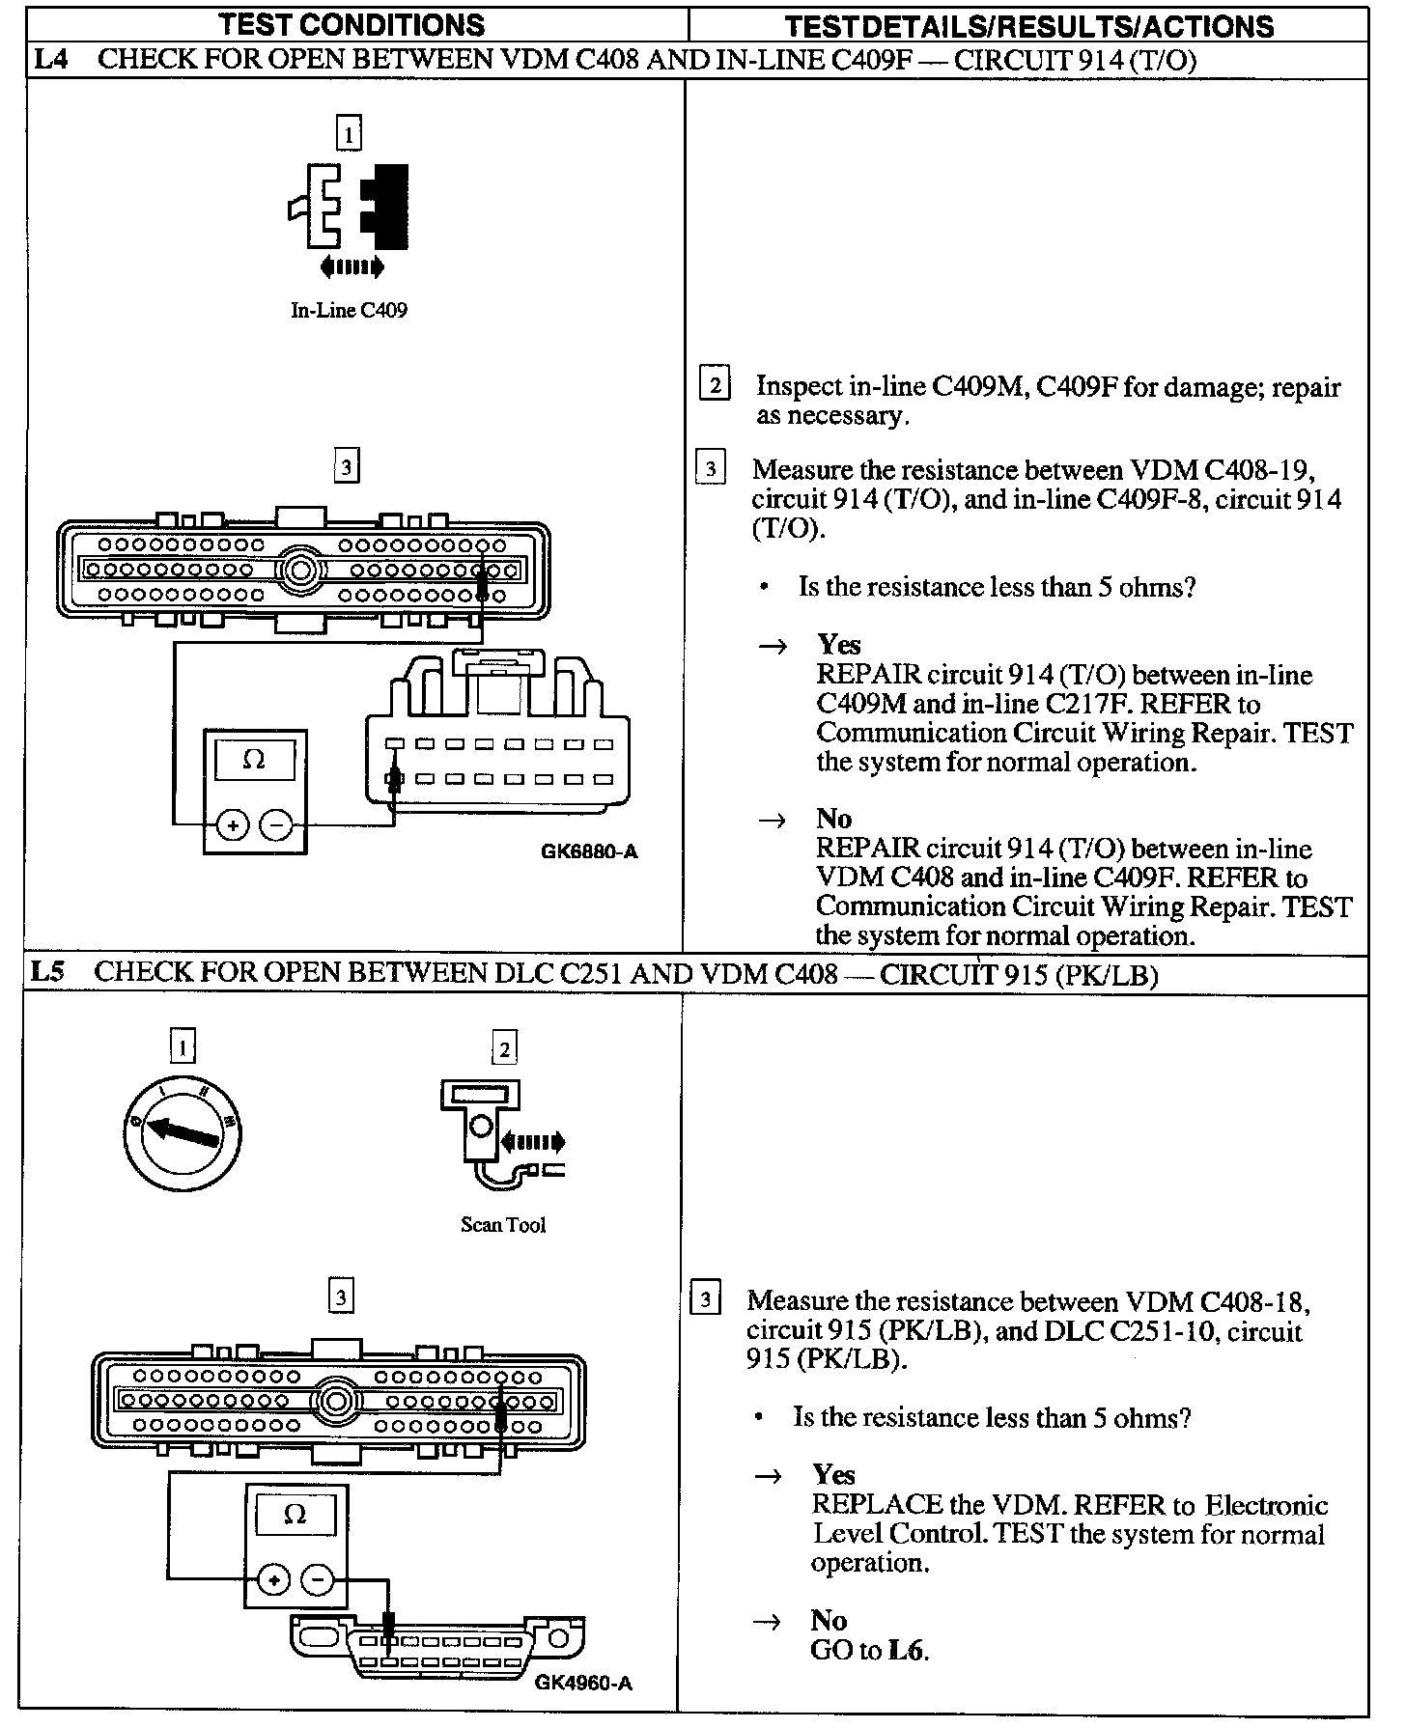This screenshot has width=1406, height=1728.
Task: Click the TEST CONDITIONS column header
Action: [x=351, y=24]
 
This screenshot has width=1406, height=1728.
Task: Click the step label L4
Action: [x=50, y=60]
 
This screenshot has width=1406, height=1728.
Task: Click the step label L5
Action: [x=47, y=971]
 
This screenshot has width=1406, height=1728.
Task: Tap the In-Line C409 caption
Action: [x=349, y=310]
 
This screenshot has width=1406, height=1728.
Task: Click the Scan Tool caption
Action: [x=503, y=1225]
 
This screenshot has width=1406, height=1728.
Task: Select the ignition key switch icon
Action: [x=183, y=1131]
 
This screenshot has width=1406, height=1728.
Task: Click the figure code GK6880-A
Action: [x=589, y=851]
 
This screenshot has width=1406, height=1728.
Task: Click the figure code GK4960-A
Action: [x=583, y=1683]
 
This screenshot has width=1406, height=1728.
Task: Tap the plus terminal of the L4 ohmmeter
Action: [x=233, y=825]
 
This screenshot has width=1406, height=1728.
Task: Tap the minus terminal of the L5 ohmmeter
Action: [x=318, y=1580]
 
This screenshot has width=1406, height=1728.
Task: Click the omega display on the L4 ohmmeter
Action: [x=254, y=760]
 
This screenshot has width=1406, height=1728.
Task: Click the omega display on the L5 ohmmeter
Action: [x=295, y=1515]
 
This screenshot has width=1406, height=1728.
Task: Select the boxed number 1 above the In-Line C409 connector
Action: [x=349, y=132]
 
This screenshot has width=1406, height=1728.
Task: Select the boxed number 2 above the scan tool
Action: [x=504, y=1047]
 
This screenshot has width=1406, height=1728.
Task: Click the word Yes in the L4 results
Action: [x=838, y=644]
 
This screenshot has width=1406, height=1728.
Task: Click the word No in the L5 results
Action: [x=829, y=1619]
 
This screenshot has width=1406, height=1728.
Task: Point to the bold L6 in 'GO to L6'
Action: [x=905, y=1650]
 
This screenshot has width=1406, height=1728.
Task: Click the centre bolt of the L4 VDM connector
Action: [x=301, y=570]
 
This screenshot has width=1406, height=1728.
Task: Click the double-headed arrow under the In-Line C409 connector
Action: [x=351, y=266]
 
